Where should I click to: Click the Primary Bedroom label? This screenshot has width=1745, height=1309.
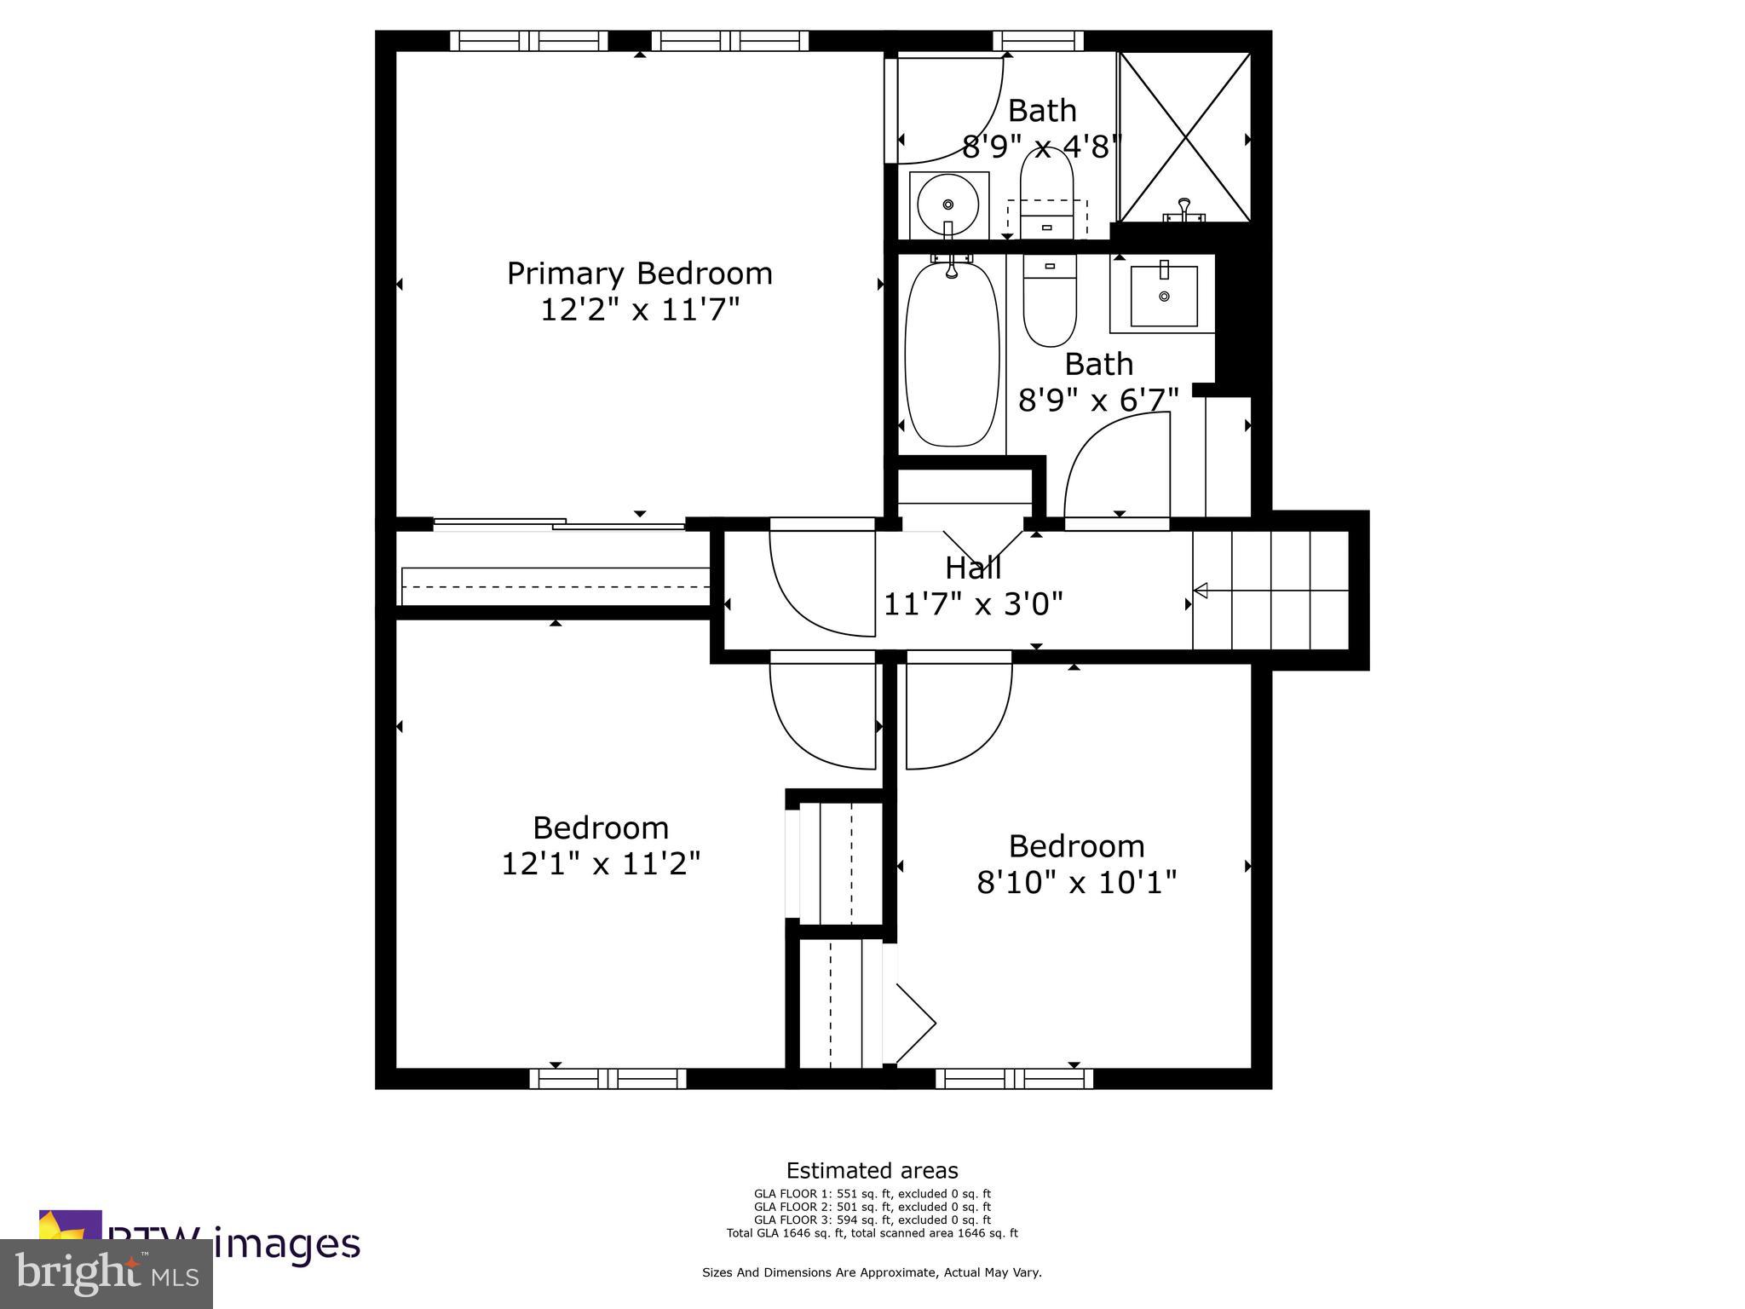(x=639, y=274)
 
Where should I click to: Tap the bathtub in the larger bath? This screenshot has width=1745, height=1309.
(x=952, y=355)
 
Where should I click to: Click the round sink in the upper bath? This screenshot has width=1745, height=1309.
(x=948, y=205)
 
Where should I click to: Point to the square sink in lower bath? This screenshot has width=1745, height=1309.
(x=1164, y=296)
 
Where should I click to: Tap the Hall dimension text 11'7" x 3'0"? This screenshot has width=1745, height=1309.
(x=973, y=604)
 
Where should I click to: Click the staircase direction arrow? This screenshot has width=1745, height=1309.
(x=1201, y=590)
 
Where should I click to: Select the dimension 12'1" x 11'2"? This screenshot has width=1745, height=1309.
(x=601, y=864)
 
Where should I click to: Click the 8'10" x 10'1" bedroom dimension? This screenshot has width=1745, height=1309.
(x=1076, y=882)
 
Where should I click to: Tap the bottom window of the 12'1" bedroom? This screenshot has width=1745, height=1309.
(x=608, y=1079)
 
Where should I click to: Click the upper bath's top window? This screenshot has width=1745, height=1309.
(x=1038, y=41)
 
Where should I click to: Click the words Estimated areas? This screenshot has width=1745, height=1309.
(x=872, y=1170)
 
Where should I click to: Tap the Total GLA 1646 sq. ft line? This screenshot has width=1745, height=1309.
(x=872, y=1232)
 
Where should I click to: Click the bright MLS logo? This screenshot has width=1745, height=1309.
(x=107, y=1273)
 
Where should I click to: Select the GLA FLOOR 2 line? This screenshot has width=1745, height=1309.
(x=872, y=1207)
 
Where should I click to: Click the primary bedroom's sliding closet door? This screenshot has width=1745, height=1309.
(x=559, y=524)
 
